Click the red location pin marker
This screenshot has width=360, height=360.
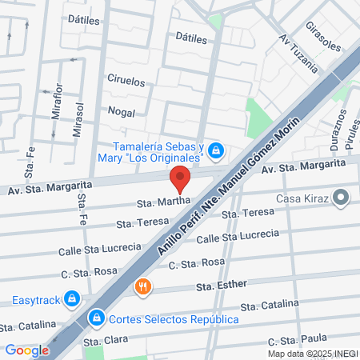(x=180, y=178)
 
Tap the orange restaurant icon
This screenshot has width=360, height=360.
(x=143, y=286)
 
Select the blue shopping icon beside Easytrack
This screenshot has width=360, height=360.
(x=72, y=298)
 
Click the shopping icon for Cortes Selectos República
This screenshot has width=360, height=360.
(x=96, y=318)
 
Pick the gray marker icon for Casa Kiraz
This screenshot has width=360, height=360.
(x=342, y=197)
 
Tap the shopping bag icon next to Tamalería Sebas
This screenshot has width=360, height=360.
(x=216, y=150)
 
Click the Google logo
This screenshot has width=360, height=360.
(x=26, y=350)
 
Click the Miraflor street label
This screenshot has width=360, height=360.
(x=57, y=101)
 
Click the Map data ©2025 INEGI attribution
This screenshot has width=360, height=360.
(x=312, y=353)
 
